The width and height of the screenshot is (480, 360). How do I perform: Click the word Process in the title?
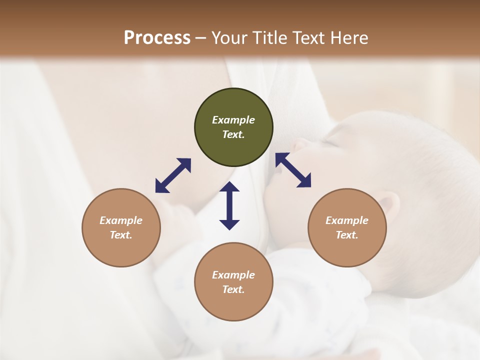[x=157, y=38]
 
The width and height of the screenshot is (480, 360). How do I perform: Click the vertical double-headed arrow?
[x=229, y=205]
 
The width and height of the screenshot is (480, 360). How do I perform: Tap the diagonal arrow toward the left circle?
[x=173, y=175]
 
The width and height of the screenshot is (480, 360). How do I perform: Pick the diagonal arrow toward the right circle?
[x=293, y=170]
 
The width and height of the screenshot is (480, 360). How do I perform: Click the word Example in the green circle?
[x=233, y=120]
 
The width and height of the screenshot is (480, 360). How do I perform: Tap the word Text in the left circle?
[x=121, y=235]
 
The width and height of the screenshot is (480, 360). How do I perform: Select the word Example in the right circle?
[x=347, y=220]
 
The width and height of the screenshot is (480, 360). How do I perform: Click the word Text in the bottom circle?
[x=233, y=289]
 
